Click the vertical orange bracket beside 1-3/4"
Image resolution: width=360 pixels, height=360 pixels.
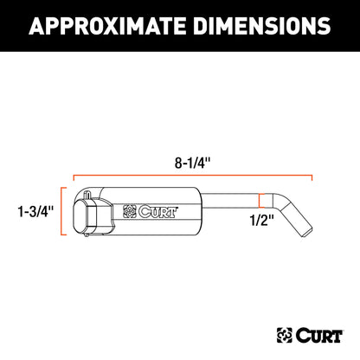[x=62, y=210]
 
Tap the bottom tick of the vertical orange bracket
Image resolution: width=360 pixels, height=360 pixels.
[x=64, y=235]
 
